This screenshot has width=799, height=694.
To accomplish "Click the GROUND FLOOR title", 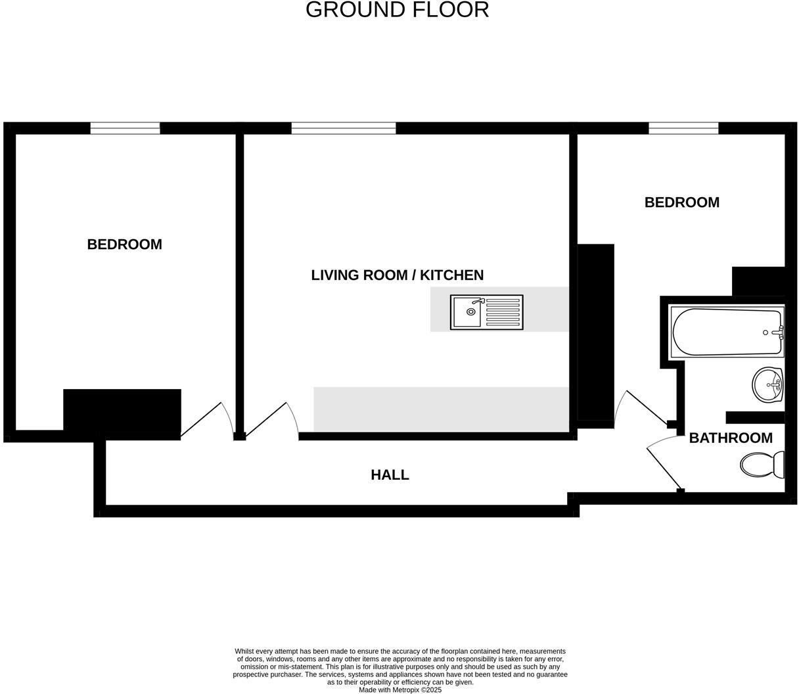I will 397,10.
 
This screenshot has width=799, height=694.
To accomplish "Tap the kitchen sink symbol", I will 486,312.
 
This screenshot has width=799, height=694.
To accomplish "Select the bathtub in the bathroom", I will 726,332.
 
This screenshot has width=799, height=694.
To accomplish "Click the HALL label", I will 390,474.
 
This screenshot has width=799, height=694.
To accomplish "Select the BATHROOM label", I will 730,438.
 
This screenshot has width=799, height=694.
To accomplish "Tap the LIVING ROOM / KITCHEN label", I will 397,275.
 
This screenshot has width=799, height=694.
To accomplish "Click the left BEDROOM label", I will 124,244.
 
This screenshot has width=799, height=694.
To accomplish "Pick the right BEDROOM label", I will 681,202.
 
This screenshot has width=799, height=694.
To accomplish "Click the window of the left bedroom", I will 125,128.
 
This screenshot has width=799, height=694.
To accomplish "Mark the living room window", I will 344,128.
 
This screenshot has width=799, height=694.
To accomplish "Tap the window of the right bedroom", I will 683,128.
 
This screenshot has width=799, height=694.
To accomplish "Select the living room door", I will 270,420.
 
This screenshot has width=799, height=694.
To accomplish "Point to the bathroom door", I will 664,467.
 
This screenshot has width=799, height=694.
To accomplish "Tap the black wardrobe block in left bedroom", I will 122,413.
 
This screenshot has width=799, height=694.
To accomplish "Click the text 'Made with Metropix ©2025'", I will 399,690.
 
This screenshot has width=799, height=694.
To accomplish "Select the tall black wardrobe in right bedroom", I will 595,332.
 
